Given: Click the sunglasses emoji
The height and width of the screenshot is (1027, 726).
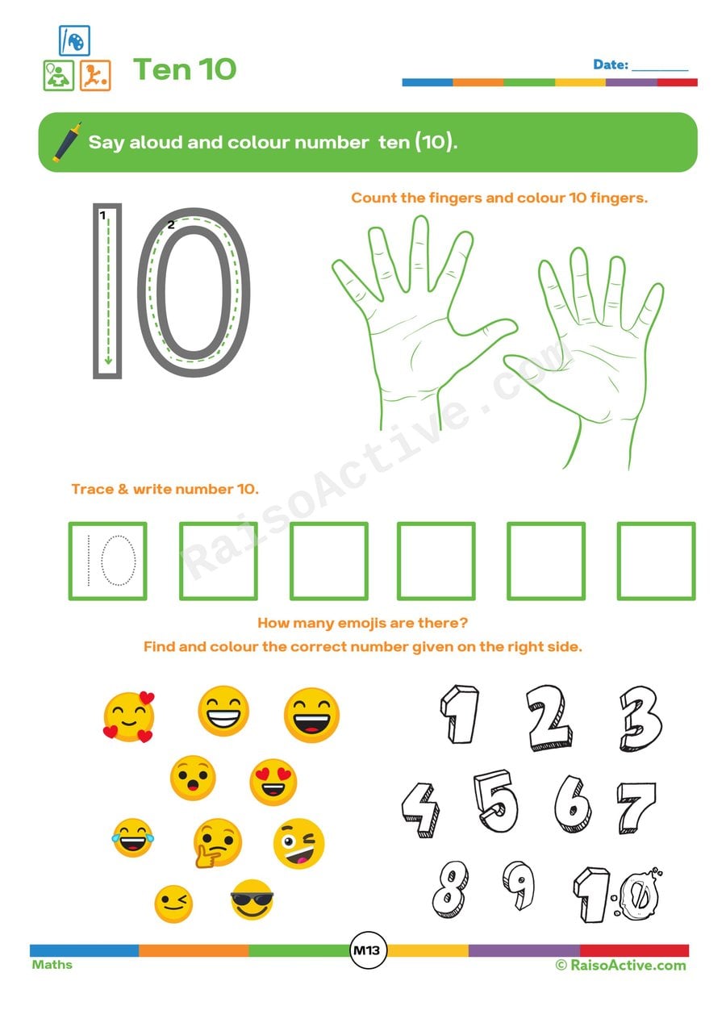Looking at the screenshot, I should click(252, 900).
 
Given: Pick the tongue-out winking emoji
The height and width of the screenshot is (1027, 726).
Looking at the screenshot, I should click(298, 844).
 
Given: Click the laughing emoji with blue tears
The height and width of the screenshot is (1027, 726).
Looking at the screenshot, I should click(131, 837).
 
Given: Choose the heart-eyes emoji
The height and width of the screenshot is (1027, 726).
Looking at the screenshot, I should click(273, 782).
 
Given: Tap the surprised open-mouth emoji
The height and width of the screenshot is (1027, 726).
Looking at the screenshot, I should click(192, 778).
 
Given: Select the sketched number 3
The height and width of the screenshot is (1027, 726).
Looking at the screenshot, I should click(641, 718).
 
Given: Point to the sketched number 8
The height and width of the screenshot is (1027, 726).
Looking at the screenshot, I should click(450, 888).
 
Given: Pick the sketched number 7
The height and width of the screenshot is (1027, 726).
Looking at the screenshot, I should click(636, 807).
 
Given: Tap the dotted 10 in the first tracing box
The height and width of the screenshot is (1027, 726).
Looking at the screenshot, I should click(108, 561).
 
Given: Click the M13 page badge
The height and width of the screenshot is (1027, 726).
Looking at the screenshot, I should click(368, 951).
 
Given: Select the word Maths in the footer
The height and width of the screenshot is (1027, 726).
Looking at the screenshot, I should click(52, 965).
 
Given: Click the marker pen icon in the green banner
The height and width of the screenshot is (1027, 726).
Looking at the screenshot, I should click(68, 142).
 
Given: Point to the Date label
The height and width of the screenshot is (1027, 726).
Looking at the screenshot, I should click(610, 65).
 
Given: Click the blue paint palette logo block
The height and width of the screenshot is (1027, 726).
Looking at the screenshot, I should click(74, 40).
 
